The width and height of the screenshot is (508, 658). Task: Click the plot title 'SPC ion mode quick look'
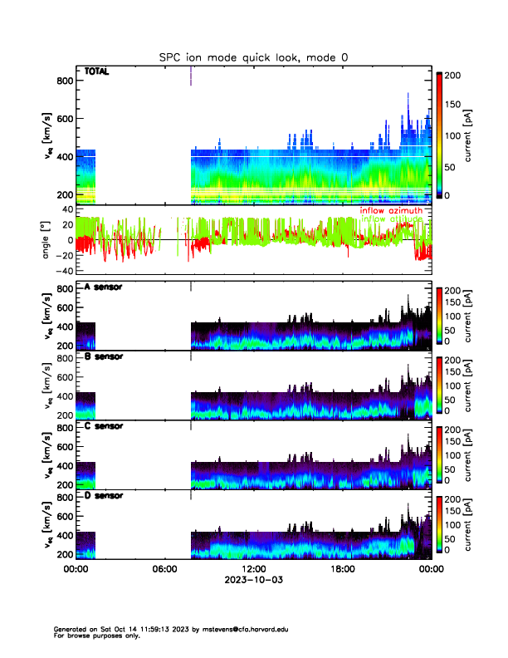(x=255, y=56)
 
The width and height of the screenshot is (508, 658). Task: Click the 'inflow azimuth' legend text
(x=391, y=211)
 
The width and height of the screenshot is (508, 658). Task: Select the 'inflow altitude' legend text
(x=392, y=219)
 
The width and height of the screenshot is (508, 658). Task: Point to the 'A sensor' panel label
(x=104, y=287)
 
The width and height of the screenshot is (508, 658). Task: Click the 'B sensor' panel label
(x=104, y=356)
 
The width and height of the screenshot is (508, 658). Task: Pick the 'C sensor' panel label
(x=104, y=425)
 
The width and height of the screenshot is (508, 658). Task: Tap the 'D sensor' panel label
(x=104, y=495)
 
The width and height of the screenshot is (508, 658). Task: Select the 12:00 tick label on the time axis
(x=253, y=570)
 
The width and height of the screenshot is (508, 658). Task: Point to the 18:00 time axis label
(x=342, y=570)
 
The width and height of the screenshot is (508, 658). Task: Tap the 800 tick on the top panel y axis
(x=65, y=81)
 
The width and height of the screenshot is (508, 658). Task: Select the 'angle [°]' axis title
(x=47, y=240)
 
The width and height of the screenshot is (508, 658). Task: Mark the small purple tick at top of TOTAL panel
(x=191, y=75)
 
